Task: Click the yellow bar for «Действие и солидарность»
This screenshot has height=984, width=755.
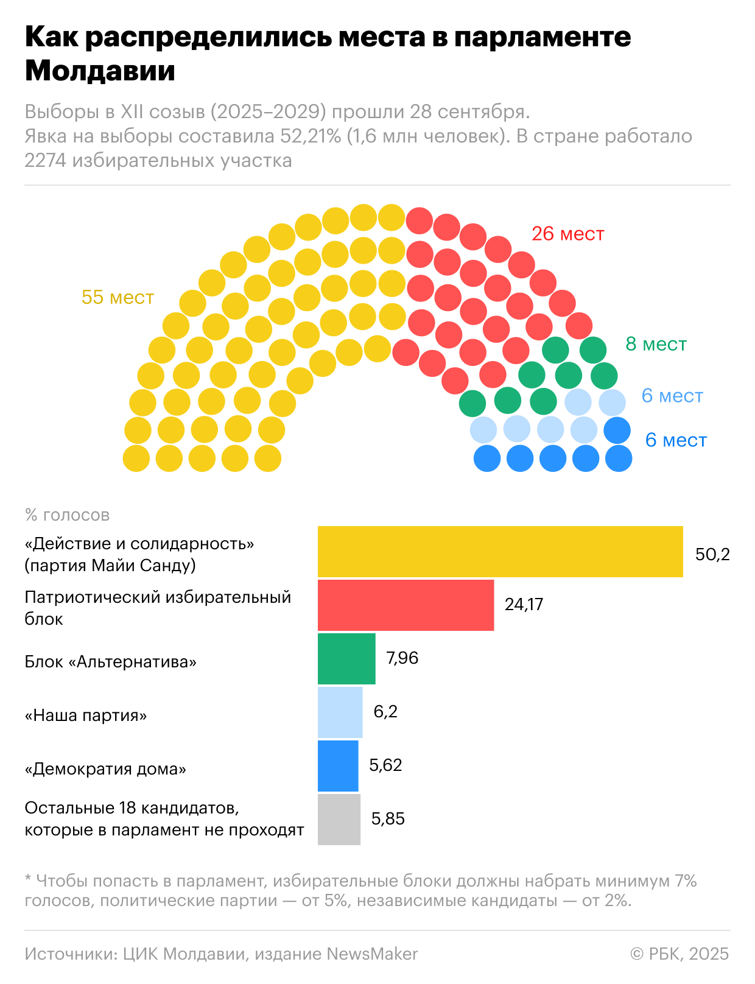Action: (x=500, y=552)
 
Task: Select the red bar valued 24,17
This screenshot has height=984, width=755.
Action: (x=406, y=605)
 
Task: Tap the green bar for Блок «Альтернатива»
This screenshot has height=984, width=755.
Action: (x=346, y=659)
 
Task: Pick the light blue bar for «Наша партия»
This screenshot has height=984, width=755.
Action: (x=340, y=712)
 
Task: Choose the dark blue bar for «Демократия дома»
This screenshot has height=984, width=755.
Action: (x=338, y=766)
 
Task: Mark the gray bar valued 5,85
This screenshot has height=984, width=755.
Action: (x=339, y=820)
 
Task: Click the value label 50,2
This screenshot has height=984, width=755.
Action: (x=712, y=554)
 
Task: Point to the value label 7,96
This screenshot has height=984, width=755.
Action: (x=402, y=658)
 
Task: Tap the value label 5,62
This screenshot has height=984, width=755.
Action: (x=385, y=765)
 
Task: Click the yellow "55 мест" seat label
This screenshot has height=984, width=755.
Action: (x=118, y=297)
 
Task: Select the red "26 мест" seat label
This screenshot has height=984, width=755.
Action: (x=567, y=234)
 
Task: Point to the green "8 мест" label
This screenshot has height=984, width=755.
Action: (x=656, y=344)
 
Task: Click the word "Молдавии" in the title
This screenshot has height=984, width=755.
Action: (x=100, y=71)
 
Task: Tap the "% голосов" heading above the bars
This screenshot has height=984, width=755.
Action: (x=67, y=515)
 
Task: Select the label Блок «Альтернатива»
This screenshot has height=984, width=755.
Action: (x=110, y=662)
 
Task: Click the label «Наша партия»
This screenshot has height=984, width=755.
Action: (x=86, y=715)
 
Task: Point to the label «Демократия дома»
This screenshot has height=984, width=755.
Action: (x=105, y=768)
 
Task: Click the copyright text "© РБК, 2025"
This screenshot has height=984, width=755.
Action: (x=679, y=954)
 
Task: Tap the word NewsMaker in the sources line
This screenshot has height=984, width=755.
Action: (x=372, y=954)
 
